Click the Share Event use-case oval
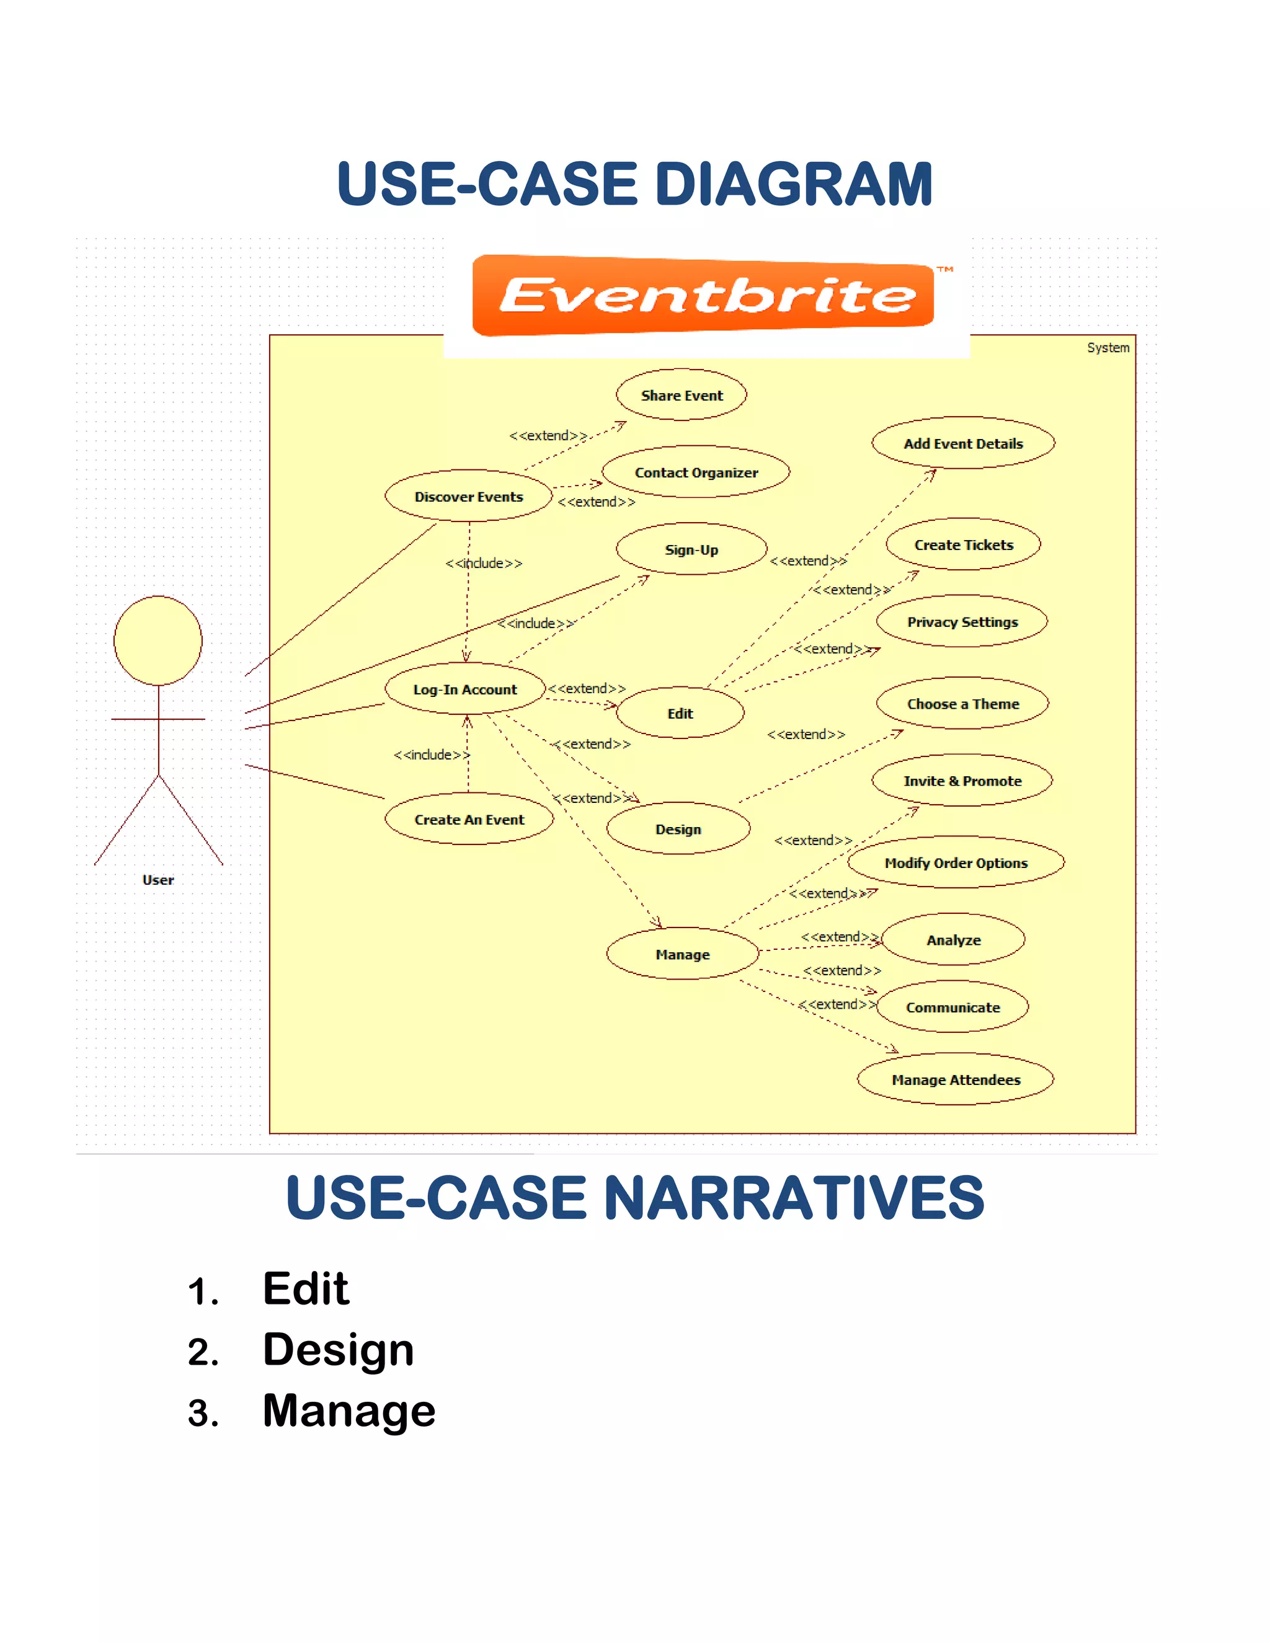point(681,395)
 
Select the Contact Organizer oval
point(696,472)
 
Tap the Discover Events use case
point(469,497)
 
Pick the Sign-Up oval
point(691,549)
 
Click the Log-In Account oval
point(465,689)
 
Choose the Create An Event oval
point(469,819)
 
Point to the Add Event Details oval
point(963,443)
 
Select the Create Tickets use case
point(963,544)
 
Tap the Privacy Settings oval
point(962,622)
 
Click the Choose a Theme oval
point(962,704)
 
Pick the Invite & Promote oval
point(962,781)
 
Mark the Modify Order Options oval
point(956,863)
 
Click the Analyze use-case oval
point(953,939)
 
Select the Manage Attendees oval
point(956,1079)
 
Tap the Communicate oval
point(952,1007)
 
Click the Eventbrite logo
point(703,296)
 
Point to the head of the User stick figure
point(158,641)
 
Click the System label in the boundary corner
point(1108,348)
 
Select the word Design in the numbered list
point(338,1350)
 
